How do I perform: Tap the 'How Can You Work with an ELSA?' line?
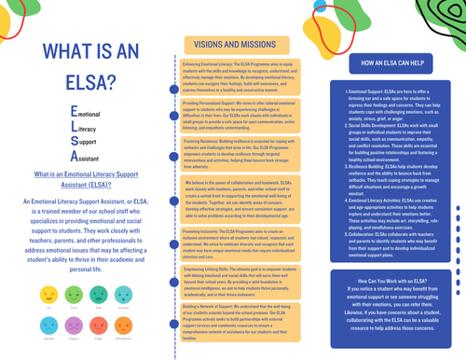point(392,279)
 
